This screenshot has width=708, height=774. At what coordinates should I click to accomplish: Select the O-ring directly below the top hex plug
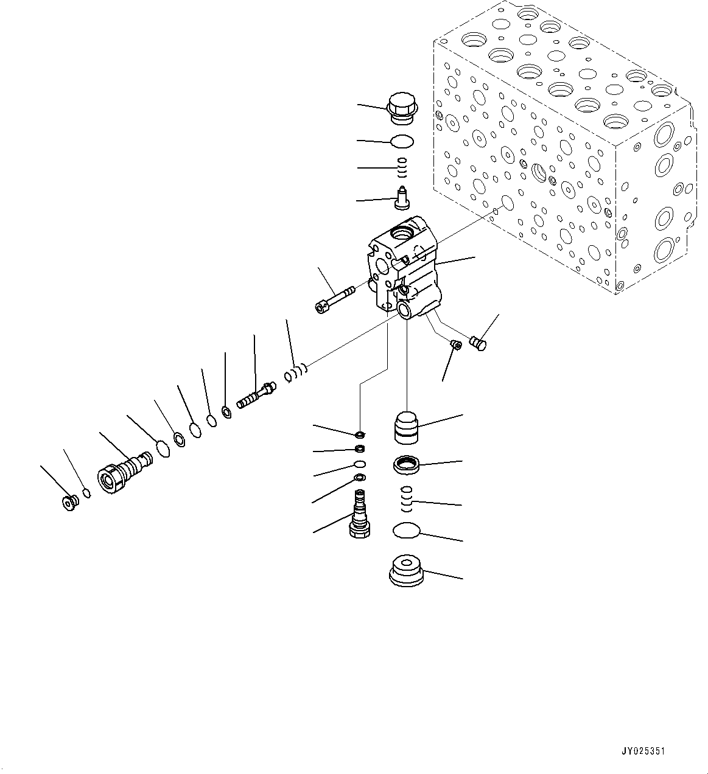[x=402, y=141]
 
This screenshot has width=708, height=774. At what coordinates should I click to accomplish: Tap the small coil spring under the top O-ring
[x=402, y=166]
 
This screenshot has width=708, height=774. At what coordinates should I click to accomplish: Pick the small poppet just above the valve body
[x=402, y=198]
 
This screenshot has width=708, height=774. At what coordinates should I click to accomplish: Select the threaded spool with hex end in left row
[x=254, y=396]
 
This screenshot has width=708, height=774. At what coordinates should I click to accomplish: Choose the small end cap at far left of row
[x=71, y=503]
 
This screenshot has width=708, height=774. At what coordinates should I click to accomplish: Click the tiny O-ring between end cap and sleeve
[x=86, y=493]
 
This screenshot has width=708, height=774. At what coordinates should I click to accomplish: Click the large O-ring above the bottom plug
[x=406, y=531]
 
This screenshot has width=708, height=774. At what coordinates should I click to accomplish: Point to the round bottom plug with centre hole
[x=406, y=570]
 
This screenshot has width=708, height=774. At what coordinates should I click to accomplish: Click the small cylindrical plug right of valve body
[x=479, y=344]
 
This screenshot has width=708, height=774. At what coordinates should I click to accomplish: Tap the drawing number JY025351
[x=643, y=751]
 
